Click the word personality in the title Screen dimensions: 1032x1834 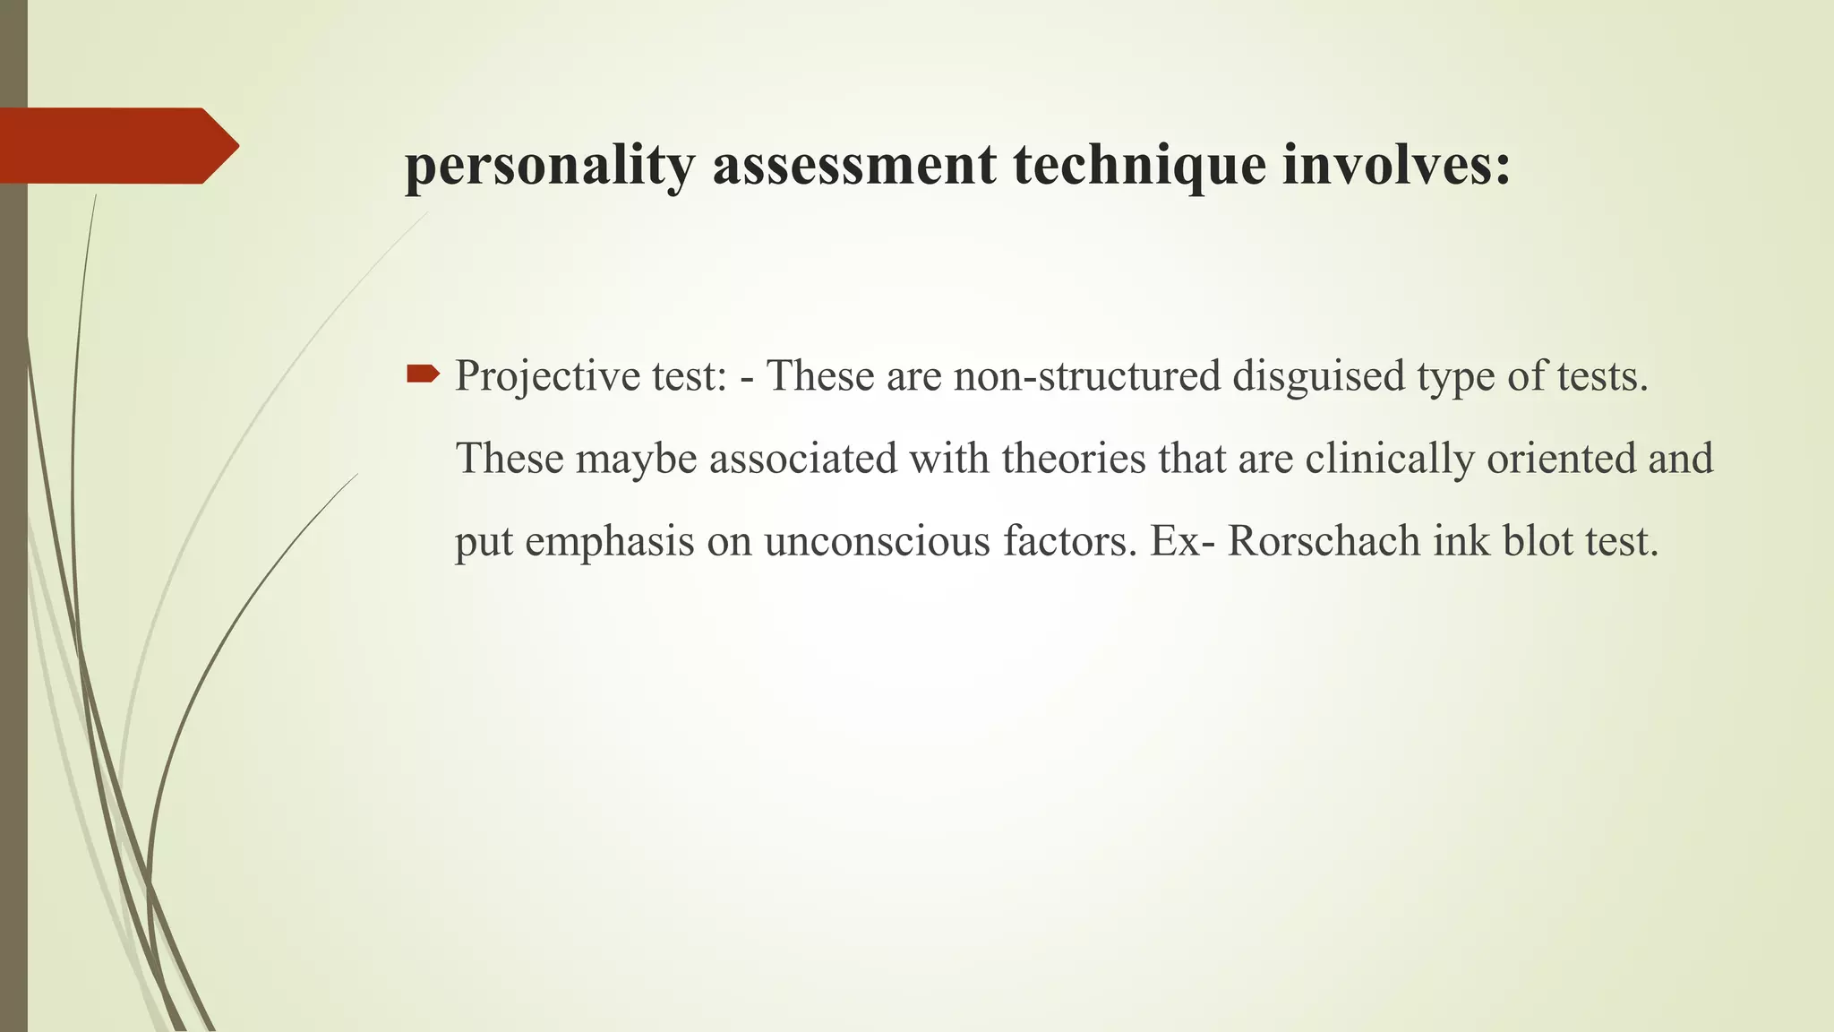point(549,167)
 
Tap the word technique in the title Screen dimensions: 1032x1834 point(1139,167)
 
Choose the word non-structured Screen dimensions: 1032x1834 point(1087,375)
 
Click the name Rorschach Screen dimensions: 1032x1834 point(1324,542)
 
